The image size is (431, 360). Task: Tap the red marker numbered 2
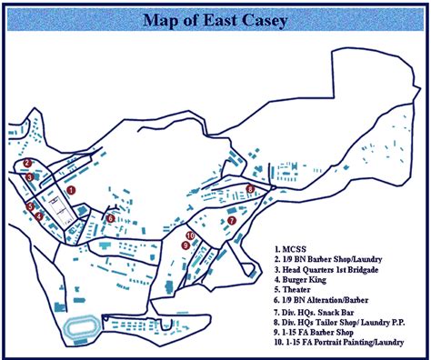point(28,164)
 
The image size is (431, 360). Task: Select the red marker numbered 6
point(110,218)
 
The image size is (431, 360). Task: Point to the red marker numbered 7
point(232,220)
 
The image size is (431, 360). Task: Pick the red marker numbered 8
point(250,189)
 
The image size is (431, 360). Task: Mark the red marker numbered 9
point(185,245)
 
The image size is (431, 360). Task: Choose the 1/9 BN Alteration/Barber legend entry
point(329,304)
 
